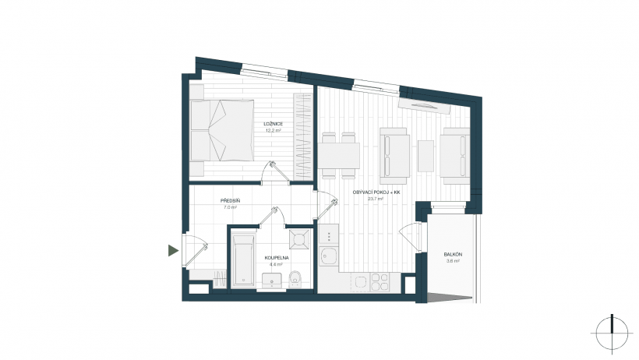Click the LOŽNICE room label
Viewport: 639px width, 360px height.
(x=273, y=124)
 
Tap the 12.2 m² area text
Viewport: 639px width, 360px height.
(x=274, y=130)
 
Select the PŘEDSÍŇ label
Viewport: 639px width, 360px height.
(x=230, y=201)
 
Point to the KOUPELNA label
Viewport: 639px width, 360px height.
(x=277, y=258)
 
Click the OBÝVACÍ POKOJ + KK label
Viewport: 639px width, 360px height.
(x=376, y=192)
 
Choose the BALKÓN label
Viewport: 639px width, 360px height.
(x=454, y=254)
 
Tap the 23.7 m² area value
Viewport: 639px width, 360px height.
(x=376, y=199)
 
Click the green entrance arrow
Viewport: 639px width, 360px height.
(x=173, y=250)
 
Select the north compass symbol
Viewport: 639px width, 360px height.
(x=612, y=333)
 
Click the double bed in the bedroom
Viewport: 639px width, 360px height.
(x=222, y=130)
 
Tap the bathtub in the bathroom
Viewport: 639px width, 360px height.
(x=243, y=259)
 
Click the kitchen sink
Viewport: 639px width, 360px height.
(x=328, y=256)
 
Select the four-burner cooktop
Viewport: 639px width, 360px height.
(x=380, y=282)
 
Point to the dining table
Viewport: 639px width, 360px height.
(x=339, y=156)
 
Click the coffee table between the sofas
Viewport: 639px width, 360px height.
(x=425, y=156)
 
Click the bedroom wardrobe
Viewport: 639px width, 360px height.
(x=303, y=136)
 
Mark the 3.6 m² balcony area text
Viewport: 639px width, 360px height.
(x=454, y=261)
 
